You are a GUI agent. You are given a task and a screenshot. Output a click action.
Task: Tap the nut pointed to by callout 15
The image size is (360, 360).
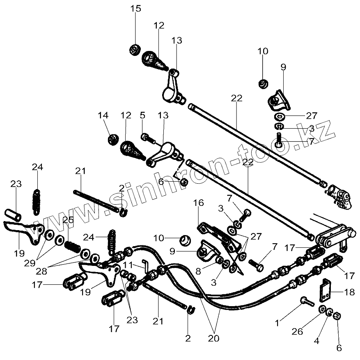click(x=134, y=50)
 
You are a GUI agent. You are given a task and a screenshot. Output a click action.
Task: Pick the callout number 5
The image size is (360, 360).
click(x=142, y=116)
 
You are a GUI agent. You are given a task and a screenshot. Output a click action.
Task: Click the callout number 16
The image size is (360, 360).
click(x=199, y=203)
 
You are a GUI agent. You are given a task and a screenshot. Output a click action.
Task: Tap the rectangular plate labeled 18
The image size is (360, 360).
click(x=326, y=291)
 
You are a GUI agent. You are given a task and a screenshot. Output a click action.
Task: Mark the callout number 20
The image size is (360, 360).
click(x=213, y=339)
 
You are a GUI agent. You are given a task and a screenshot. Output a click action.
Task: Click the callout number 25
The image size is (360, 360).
click(x=68, y=219)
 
